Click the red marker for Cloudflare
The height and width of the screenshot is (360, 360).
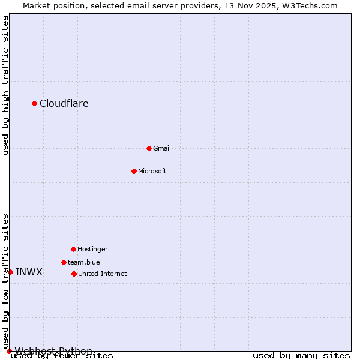click(x=35, y=103)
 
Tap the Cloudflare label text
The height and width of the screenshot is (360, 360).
click(x=64, y=103)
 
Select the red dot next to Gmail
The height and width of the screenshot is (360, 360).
click(x=149, y=148)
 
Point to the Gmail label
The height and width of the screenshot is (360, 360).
click(x=162, y=148)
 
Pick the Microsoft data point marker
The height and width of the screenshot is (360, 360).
click(x=134, y=171)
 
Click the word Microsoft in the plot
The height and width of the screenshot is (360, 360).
click(x=152, y=171)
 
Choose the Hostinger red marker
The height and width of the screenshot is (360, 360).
click(x=73, y=249)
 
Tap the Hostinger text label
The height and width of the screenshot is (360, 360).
click(x=92, y=249)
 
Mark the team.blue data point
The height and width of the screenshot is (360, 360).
click(x=64, y=262)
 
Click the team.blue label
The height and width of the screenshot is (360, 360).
click(x=83, y=262)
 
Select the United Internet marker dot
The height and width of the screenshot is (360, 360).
click(x=74, y=274)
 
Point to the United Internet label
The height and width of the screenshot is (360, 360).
click(x=102, y=274)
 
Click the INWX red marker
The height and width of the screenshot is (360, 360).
click(x=10, y=272)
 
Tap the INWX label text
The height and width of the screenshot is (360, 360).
click(x=29, y=272)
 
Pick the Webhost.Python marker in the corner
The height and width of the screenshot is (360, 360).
click(x=9, y=351)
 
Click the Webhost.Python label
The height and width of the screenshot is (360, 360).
click(x=53, y=351)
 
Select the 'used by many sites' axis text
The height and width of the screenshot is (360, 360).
click(x=301, y=356)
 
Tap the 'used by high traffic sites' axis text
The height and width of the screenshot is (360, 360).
click(x=6, y=85)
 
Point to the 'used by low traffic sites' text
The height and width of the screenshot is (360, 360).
click(x=6, y=281)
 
